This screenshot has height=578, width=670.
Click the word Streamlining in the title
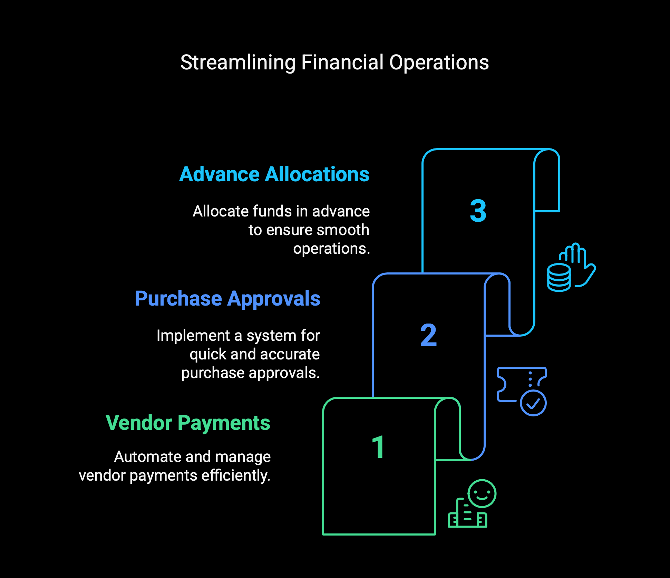tap(238, 63)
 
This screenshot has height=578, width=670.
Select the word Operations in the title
tap(439, 63)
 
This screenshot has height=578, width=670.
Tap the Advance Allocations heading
tap(274, 174)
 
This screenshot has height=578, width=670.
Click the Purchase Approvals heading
tap(227, 299)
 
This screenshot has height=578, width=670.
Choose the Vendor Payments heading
tap(188, 423)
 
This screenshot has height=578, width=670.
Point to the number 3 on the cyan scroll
tap(478, 211)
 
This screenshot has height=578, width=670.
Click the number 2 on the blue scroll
tap(428, 335)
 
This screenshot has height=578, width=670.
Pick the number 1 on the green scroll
tap(379, 447)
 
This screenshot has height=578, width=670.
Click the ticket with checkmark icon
tap(522, 391)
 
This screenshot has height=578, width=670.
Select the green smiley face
tap(482, 493)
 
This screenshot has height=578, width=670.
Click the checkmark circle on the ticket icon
tap(533, 403)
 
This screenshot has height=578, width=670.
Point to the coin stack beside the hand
tap(559, 278)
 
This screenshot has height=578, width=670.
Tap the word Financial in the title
tap(342, 63)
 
